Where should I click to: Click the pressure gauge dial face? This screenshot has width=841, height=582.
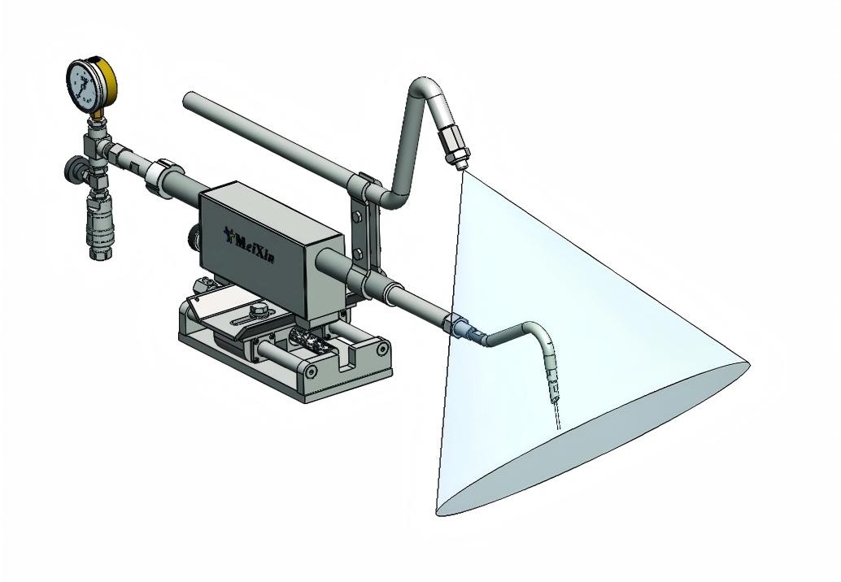(85, 85)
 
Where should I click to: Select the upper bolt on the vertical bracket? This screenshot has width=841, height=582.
(357, 217)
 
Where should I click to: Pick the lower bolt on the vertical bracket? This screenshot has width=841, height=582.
(358, 254)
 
